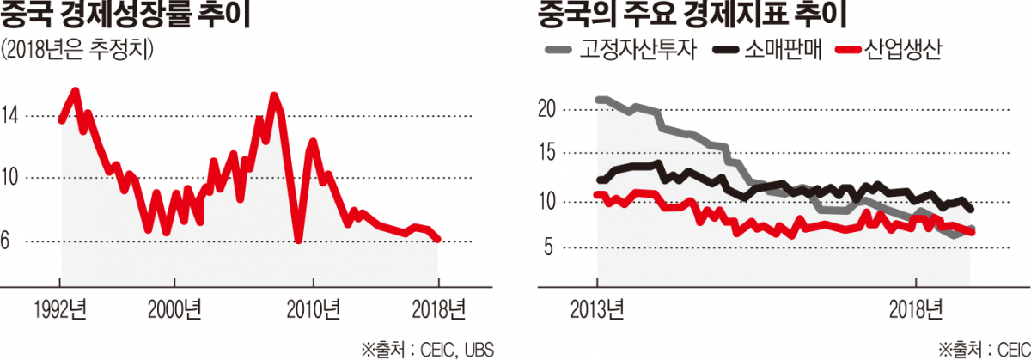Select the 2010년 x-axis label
tap(314, 308)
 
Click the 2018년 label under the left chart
tap(438, 308)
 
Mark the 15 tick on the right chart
tap(545, 155)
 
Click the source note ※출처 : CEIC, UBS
tap(427, 348)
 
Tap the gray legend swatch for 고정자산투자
tap(558, 51)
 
